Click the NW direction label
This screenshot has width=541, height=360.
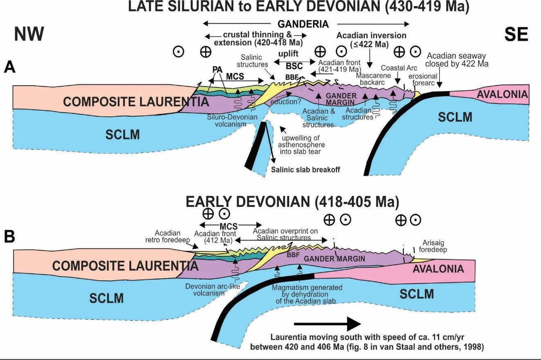point(29,34)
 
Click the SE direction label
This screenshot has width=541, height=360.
point(516,34)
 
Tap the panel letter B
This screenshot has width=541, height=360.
point(10,236)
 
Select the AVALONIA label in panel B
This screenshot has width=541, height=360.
point(438,268)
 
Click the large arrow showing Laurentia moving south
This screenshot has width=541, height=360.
point(327,324)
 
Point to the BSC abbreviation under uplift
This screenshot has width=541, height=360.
point(291,65)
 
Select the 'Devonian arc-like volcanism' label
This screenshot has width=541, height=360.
point(212,290)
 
